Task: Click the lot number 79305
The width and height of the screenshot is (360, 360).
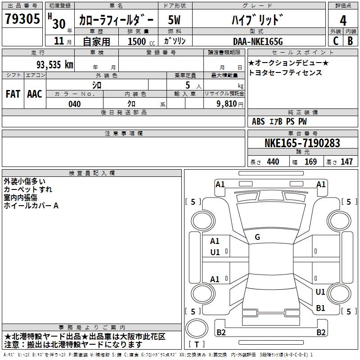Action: click(x=22, y=18)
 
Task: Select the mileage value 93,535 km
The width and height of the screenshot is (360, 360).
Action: click(x=55, y=65)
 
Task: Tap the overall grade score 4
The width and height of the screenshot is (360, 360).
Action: click(x=343, y=20)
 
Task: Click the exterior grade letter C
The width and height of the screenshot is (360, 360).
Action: click(x=336, y=41)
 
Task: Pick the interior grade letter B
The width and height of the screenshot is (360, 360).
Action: click(x=351, y=41)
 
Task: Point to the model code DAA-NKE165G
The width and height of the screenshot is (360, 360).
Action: click(x=258, y=41)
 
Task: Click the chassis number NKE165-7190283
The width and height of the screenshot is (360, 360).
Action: click(x=302, y=143)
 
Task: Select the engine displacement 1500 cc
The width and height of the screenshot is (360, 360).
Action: click(x=141, y=41)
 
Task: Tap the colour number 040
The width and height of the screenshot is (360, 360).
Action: click(x=74, y=104)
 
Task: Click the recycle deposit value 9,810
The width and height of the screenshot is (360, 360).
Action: click(x=227, y=104)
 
